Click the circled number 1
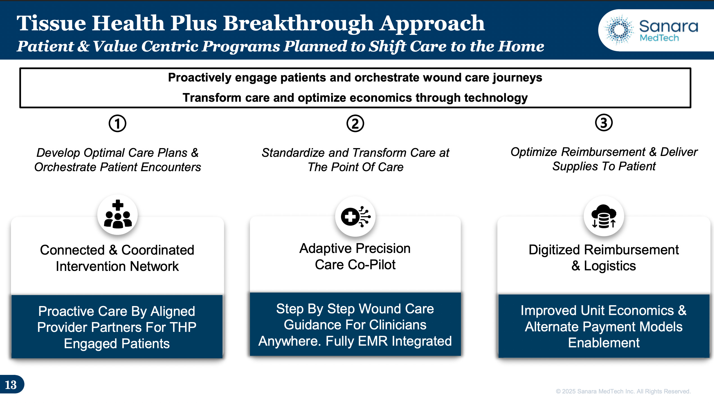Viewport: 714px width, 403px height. click(117, 123)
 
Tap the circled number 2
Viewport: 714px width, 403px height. click(355, 123)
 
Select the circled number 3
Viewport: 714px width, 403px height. click(604, 123)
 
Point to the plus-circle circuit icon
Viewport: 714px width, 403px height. click(356, 216)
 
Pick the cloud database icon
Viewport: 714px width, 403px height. click(604, 216)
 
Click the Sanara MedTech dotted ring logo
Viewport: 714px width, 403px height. click(619, 30)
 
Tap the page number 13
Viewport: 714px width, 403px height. click(11, 385)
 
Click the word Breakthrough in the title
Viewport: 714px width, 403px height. click(299, 24)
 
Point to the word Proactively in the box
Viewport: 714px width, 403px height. click(199, 78)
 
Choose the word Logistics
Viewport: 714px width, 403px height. click(610, 266)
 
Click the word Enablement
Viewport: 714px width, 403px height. click(604, 343)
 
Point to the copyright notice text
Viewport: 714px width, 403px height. click(623, 391)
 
